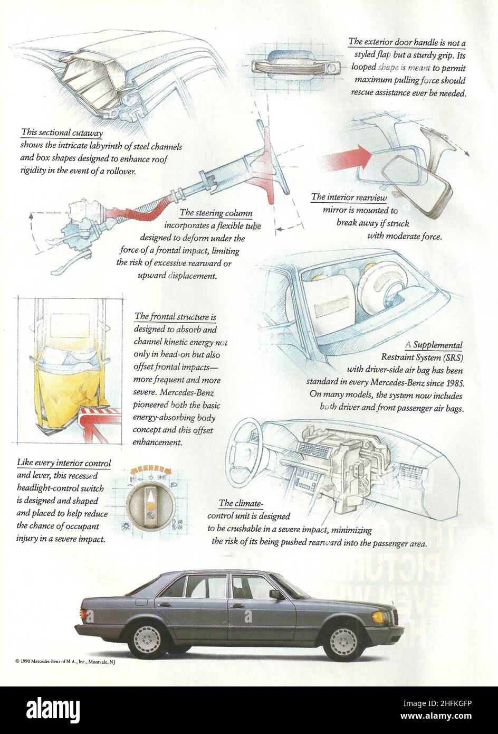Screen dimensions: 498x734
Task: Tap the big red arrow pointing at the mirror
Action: pyautogui.click(x=348, y=158)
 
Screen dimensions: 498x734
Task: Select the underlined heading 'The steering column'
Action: pyautogui.click(x=216, y=213)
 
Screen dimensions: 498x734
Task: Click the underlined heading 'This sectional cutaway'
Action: pyautogui.click(x=62, y=133)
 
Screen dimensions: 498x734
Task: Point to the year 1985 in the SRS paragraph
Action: pyautogui.click(x=454, y=382)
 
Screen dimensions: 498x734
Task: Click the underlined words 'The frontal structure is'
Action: pyautogui.click(x=175, y=316)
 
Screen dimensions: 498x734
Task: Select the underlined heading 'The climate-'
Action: pyautogui.click(x=241, y=503)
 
